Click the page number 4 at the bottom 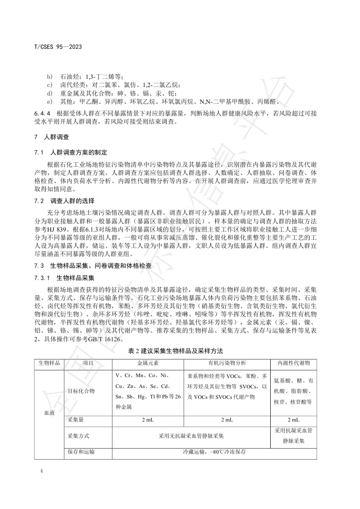pos(41,471)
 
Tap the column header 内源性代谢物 pos(293,363)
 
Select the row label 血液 pos(50,413)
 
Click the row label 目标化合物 pos(81,391)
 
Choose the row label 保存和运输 pos(81,452)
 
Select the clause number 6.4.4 pos(43,113)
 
